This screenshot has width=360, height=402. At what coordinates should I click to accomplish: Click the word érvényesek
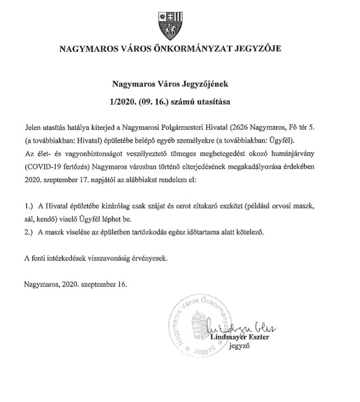pyautogui.click(x=152, y=259)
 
